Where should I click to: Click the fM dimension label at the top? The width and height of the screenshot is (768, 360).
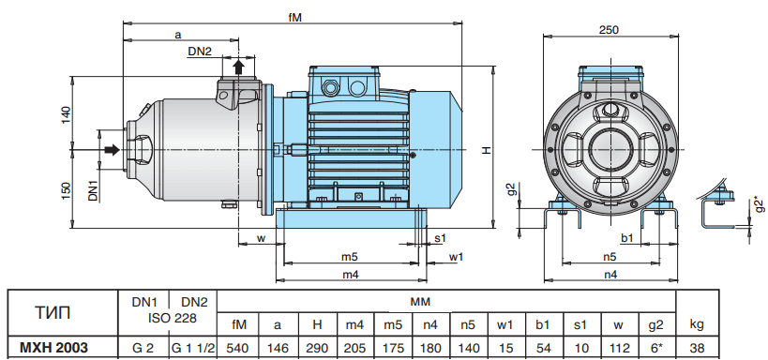(x=294, y=17)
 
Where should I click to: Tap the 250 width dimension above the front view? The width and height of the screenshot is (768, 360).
(x=609, y=29)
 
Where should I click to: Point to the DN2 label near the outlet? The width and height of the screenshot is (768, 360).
(x=200, y=51)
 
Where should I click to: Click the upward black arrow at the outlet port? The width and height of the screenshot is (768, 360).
(x=238, y=67)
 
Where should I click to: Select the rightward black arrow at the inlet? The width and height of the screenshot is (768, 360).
(x=113, y=149)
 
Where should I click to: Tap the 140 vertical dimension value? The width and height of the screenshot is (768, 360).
(x=67, y=114)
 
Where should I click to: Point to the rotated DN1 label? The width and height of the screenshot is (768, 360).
(x=94, y=190)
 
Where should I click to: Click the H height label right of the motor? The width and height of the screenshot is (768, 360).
(x=486, y=150)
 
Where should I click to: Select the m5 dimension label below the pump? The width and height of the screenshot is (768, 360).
(x=350, y=257)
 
